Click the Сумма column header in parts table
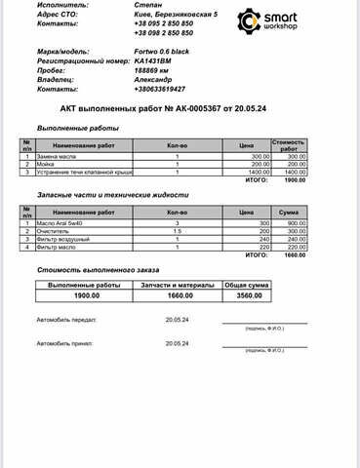[x=288, y=212]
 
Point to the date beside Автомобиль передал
[x=177, y=319]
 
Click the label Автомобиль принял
[x=64, y=344]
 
